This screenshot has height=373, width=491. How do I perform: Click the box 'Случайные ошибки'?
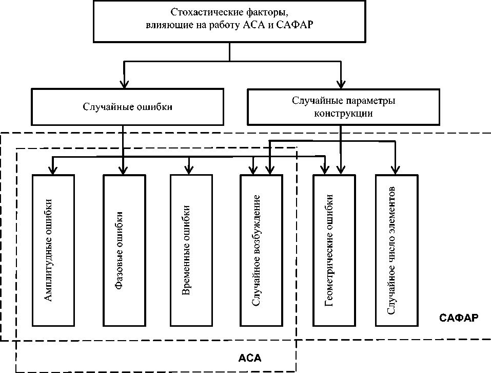(x=127, y=107)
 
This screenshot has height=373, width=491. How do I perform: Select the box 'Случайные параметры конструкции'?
(x=343, y=107)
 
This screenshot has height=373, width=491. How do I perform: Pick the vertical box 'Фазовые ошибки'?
(x=123, y=250)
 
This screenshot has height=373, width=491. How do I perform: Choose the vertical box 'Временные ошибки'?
(x=190, y=250)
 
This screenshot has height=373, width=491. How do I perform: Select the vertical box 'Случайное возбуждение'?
(x=261, y=250)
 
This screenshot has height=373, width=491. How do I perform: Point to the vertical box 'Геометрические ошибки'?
(x=334, y=250)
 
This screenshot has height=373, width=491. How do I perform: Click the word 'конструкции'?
(x=343, y=114)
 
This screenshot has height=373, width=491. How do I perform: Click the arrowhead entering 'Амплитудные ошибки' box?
(x=52, y=170)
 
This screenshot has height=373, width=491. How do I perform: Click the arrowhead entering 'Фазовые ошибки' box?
(x=123, y=170)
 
